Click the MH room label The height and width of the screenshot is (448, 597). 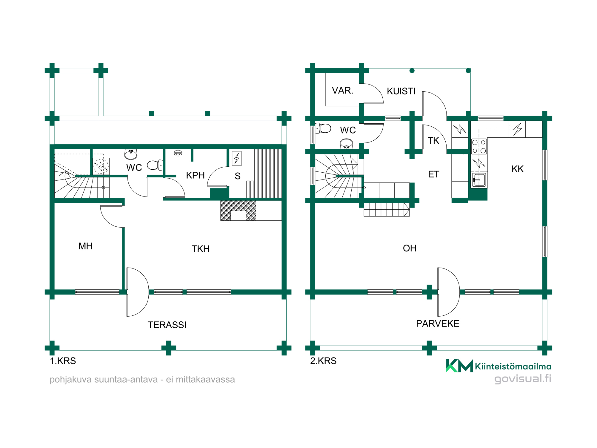[85, 246]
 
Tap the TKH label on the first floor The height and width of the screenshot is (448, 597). [201, 249]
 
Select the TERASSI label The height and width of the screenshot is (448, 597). [167, 325]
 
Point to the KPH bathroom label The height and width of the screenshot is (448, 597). [196, 175]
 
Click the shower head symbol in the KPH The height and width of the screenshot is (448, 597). [178, 153]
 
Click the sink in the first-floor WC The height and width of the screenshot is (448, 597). [131, 154]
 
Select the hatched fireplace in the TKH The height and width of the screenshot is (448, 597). [238, 211]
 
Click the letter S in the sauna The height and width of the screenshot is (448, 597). [238, 176]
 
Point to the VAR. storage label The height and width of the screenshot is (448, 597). [343, 90]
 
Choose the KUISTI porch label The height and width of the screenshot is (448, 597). [401, 91]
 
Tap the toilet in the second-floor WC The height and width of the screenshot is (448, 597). [324, 128]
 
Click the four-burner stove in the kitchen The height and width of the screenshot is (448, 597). [479, 146]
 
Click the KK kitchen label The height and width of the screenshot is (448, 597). [518, 169]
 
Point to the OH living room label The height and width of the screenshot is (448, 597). [410, 248]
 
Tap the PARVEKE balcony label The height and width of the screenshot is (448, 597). [438, 323]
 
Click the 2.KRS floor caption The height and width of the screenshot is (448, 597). [323, 361]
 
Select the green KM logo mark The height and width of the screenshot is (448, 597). [459, 366]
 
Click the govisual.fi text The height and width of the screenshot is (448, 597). [523, 379]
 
